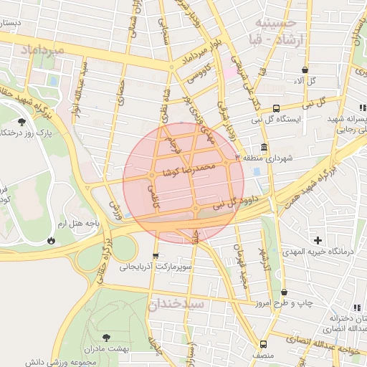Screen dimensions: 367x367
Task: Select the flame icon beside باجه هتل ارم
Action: coord(51,240)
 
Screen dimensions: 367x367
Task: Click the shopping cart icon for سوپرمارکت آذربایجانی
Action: coord(156,256)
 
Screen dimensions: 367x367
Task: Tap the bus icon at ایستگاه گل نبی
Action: coord(276,108)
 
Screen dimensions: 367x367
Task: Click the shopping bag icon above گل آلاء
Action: coord(305,70)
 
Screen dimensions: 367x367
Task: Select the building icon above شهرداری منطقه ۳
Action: coord(264,148)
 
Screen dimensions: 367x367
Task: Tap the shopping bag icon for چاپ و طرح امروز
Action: coord(285,292)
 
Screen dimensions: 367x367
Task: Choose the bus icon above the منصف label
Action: coord(263,344)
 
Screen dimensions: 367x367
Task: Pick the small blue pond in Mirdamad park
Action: coord(52,81)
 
